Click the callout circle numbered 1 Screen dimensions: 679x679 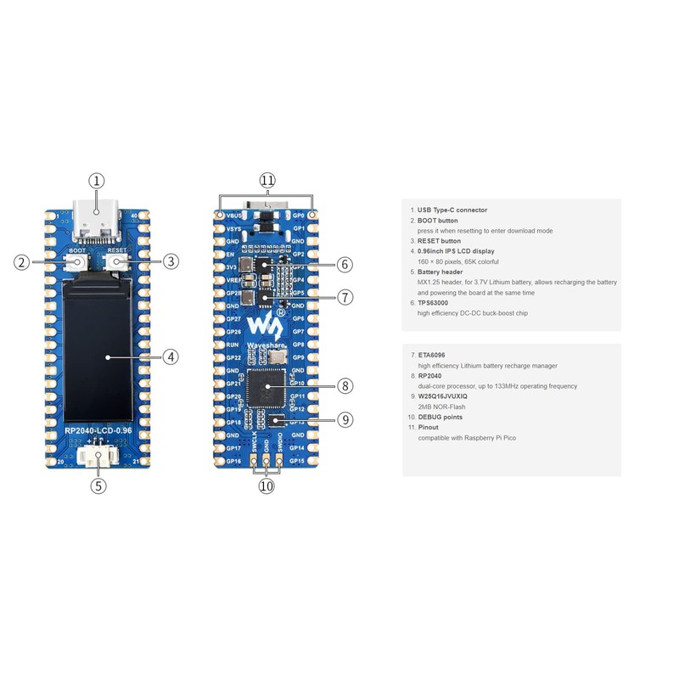click(97, 180)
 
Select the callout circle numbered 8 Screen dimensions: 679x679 click(345, 385)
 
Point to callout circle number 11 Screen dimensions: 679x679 click(267, 180)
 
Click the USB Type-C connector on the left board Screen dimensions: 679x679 click(98, 218)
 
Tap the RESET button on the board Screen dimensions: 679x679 click(117, 263)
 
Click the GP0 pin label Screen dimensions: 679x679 click(299, 216)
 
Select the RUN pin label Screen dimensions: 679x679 click(233, 345)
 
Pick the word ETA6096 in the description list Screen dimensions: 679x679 click(431, 355)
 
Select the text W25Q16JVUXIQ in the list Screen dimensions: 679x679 click(442, 396)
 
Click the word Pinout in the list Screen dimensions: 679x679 click(429, 427)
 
